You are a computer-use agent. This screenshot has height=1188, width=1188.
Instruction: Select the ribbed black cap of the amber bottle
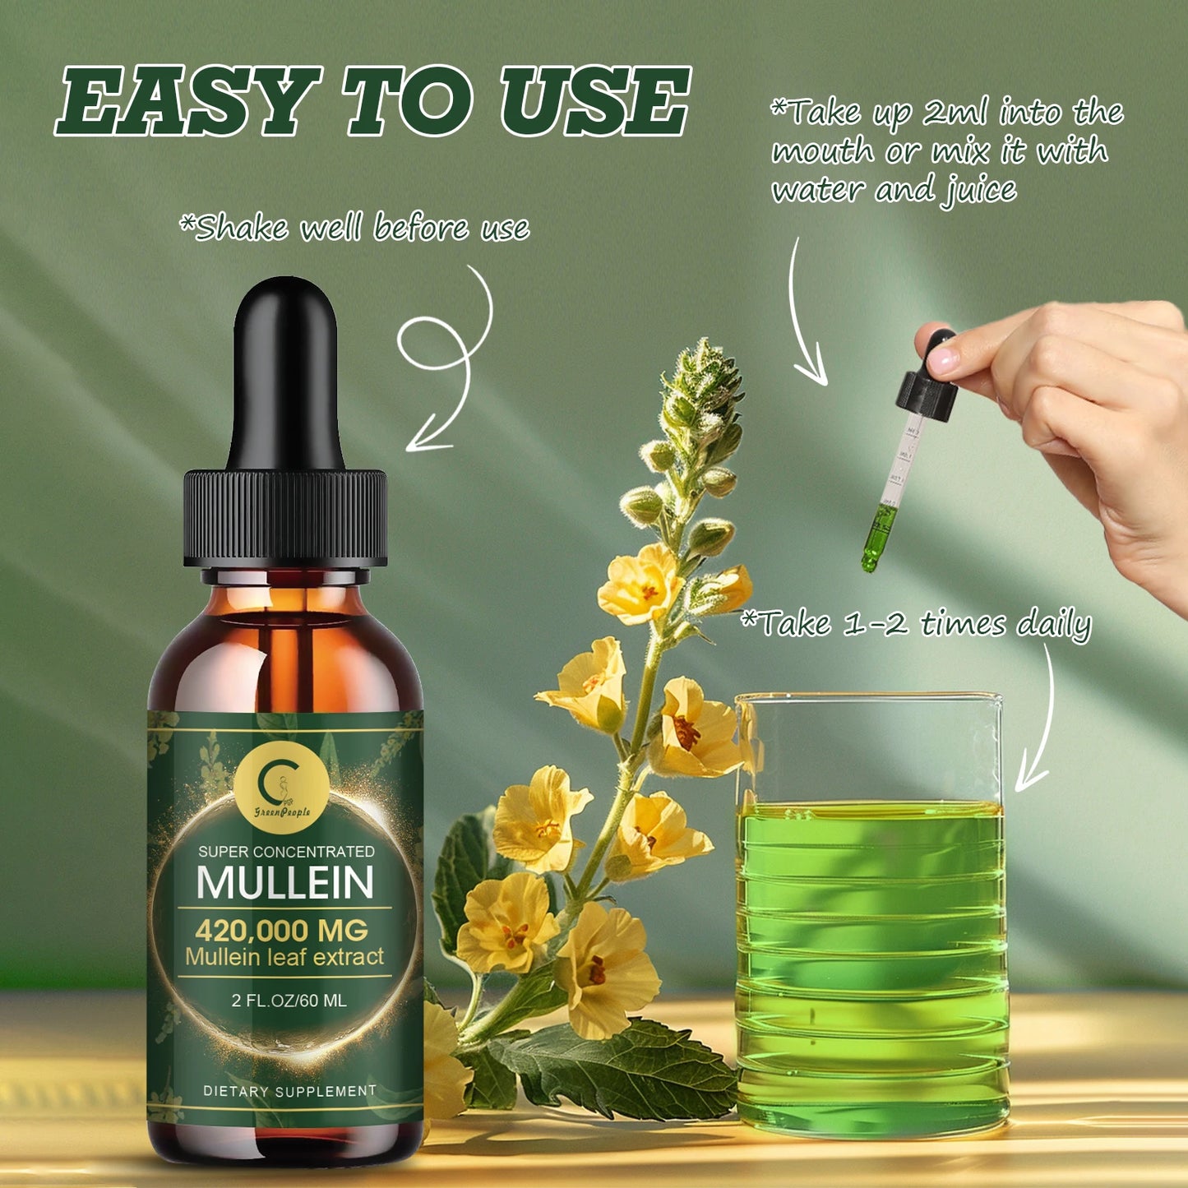click(285, 517)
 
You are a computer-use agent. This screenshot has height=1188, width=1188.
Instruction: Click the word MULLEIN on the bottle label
click(285, 882)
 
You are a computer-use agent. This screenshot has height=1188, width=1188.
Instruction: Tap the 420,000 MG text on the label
click(281, 931)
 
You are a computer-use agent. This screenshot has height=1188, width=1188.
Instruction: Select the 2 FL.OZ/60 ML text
click(289, 1001)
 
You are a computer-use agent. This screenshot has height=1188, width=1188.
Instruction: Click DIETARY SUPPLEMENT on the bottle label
click(289, 1091)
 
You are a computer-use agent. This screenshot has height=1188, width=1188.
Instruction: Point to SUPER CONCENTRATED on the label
click(286, 852)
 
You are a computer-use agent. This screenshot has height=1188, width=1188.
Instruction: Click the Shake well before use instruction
click(354, 228)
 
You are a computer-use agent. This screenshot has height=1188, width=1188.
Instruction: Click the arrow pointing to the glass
click(1040, 723)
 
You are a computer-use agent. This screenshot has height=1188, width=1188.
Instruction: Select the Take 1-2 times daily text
click(916, 624)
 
